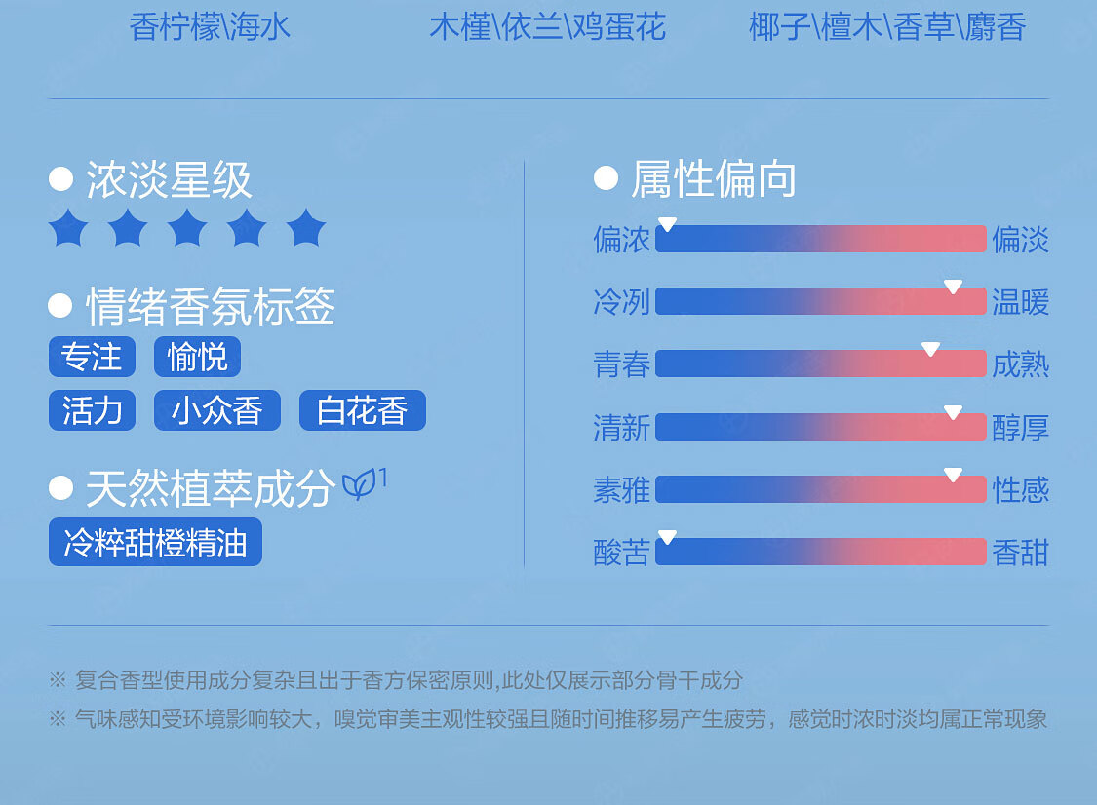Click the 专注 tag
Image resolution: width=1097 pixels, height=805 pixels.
click(92, 357)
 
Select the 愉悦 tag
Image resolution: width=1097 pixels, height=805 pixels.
click(197, 357)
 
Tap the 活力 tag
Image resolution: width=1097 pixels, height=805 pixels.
click(92, 410)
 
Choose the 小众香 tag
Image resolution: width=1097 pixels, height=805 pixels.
click(216, 410)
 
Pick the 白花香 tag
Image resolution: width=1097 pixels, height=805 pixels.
click(363, 410)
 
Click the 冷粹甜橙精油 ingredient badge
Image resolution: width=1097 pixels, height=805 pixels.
click(155, 542)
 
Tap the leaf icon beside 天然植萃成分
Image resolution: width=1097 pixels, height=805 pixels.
click(359, 484)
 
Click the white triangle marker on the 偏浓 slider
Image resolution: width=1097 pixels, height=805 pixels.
click(667, 224)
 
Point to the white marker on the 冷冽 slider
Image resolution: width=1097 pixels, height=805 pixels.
click(953, 287)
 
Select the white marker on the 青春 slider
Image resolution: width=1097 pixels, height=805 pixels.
click(930, 349)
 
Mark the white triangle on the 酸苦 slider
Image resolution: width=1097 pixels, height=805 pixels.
click(667, 536)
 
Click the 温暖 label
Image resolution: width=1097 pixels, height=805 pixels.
click(1020, 302)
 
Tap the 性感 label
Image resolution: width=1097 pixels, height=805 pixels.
click(1020, 489)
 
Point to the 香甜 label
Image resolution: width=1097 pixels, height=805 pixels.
click(1020, 553)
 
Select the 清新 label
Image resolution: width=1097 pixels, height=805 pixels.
click(621, 427)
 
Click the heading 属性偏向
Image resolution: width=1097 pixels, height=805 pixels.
click(714, 179)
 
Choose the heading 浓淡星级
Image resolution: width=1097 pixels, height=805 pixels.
click(169, 179)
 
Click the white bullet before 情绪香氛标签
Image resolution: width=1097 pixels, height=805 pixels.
click(60, 306)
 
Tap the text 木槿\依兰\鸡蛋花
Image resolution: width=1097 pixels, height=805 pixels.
click(547, 27)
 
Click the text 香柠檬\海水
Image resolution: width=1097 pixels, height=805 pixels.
click(210, 27)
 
